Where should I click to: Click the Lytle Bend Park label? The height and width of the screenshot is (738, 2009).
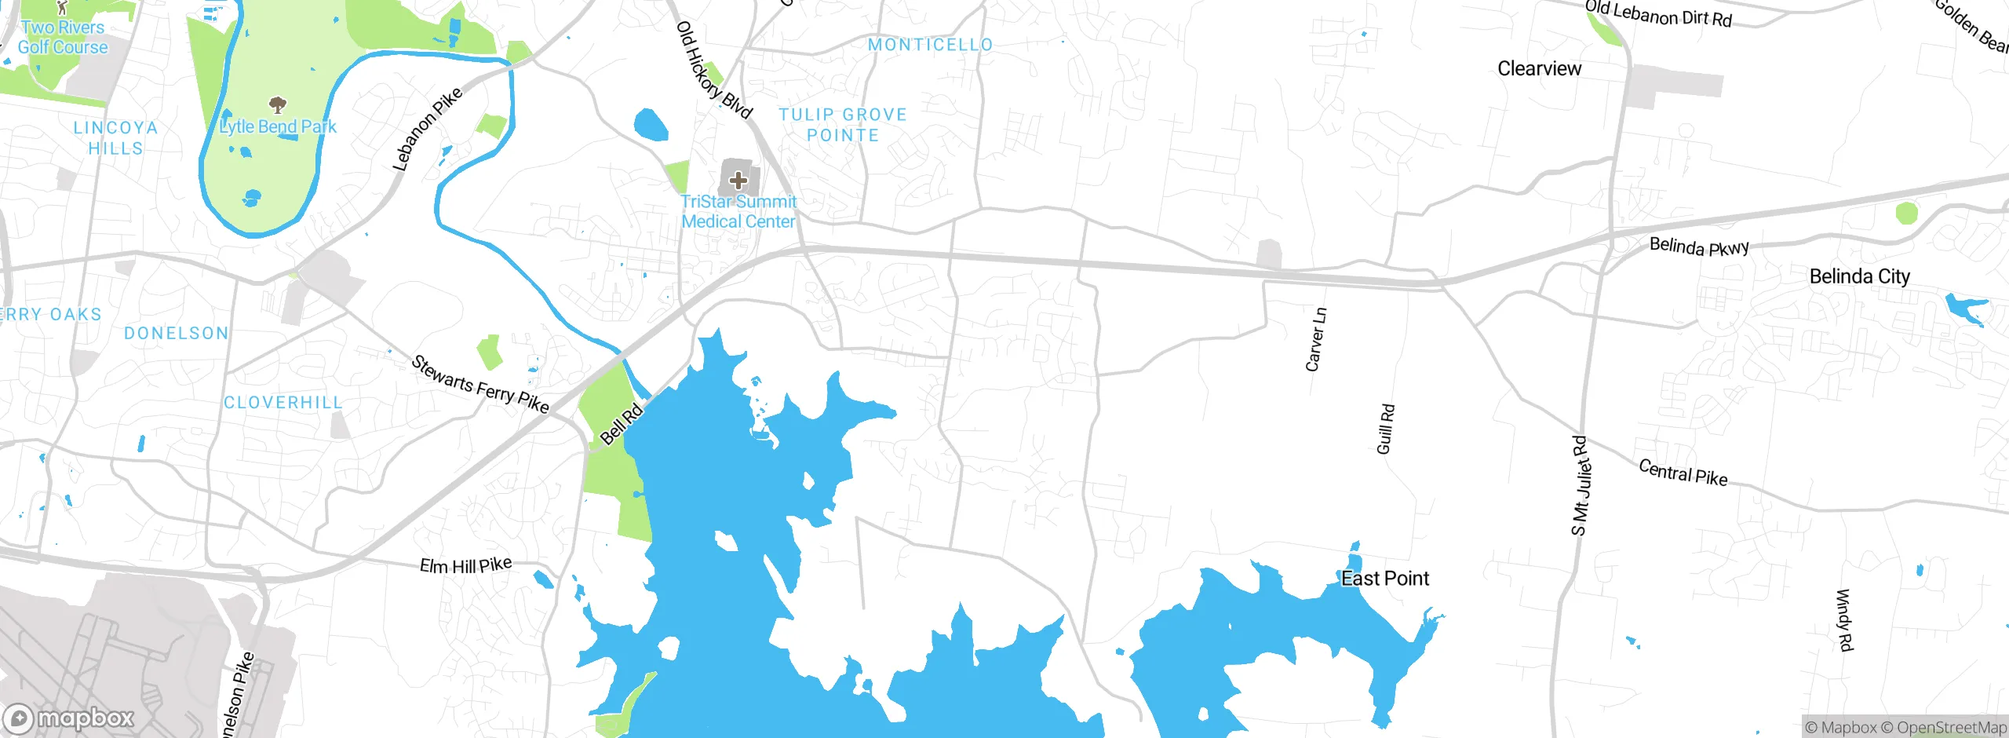point(278,126)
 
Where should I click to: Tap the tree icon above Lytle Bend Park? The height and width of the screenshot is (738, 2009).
point(277,104)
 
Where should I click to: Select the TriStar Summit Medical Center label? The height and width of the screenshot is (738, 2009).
point(738,212)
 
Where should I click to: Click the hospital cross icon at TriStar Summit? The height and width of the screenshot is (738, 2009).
point(738,181)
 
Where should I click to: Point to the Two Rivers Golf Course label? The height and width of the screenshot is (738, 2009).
point(63,37)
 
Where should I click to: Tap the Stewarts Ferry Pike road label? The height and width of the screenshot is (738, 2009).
point(479,384)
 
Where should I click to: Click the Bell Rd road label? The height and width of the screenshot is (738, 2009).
point(622,425)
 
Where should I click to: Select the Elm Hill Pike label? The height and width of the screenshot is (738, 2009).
point(465,564)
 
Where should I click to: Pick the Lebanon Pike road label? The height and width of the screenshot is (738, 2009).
point(427,130)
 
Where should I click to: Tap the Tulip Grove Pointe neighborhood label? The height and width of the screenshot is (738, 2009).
point(843,125)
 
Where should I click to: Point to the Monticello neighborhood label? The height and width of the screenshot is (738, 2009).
point(930,45)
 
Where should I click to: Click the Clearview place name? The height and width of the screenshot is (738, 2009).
point(1539,68)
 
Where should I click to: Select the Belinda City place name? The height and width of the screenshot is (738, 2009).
point(1859,276)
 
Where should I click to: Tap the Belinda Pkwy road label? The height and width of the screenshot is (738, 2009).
point(1699,247)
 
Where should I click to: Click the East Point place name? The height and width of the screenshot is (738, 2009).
point(1385,579)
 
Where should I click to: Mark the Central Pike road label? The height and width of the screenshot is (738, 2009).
point(1683,473)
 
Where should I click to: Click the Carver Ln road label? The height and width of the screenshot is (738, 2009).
point(1316,339)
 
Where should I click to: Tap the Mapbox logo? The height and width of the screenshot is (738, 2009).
point(69,718)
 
